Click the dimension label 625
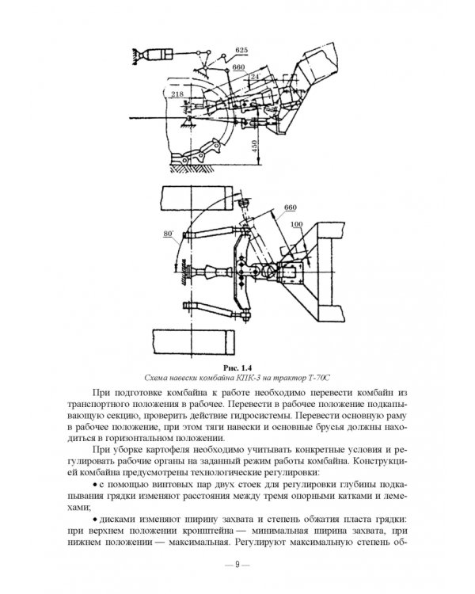(241, 50)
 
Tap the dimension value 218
(177, 94)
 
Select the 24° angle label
(255, 76)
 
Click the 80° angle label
(168, 234)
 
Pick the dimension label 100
(297, 224)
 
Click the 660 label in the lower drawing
(291, 208)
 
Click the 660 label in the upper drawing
(238, 67)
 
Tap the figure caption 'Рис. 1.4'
(237, 367)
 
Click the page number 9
(237, 564)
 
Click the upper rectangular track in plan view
(196, 198)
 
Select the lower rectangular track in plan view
(193, 342)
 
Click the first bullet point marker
(95, 485)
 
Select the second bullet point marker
(95, 520)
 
